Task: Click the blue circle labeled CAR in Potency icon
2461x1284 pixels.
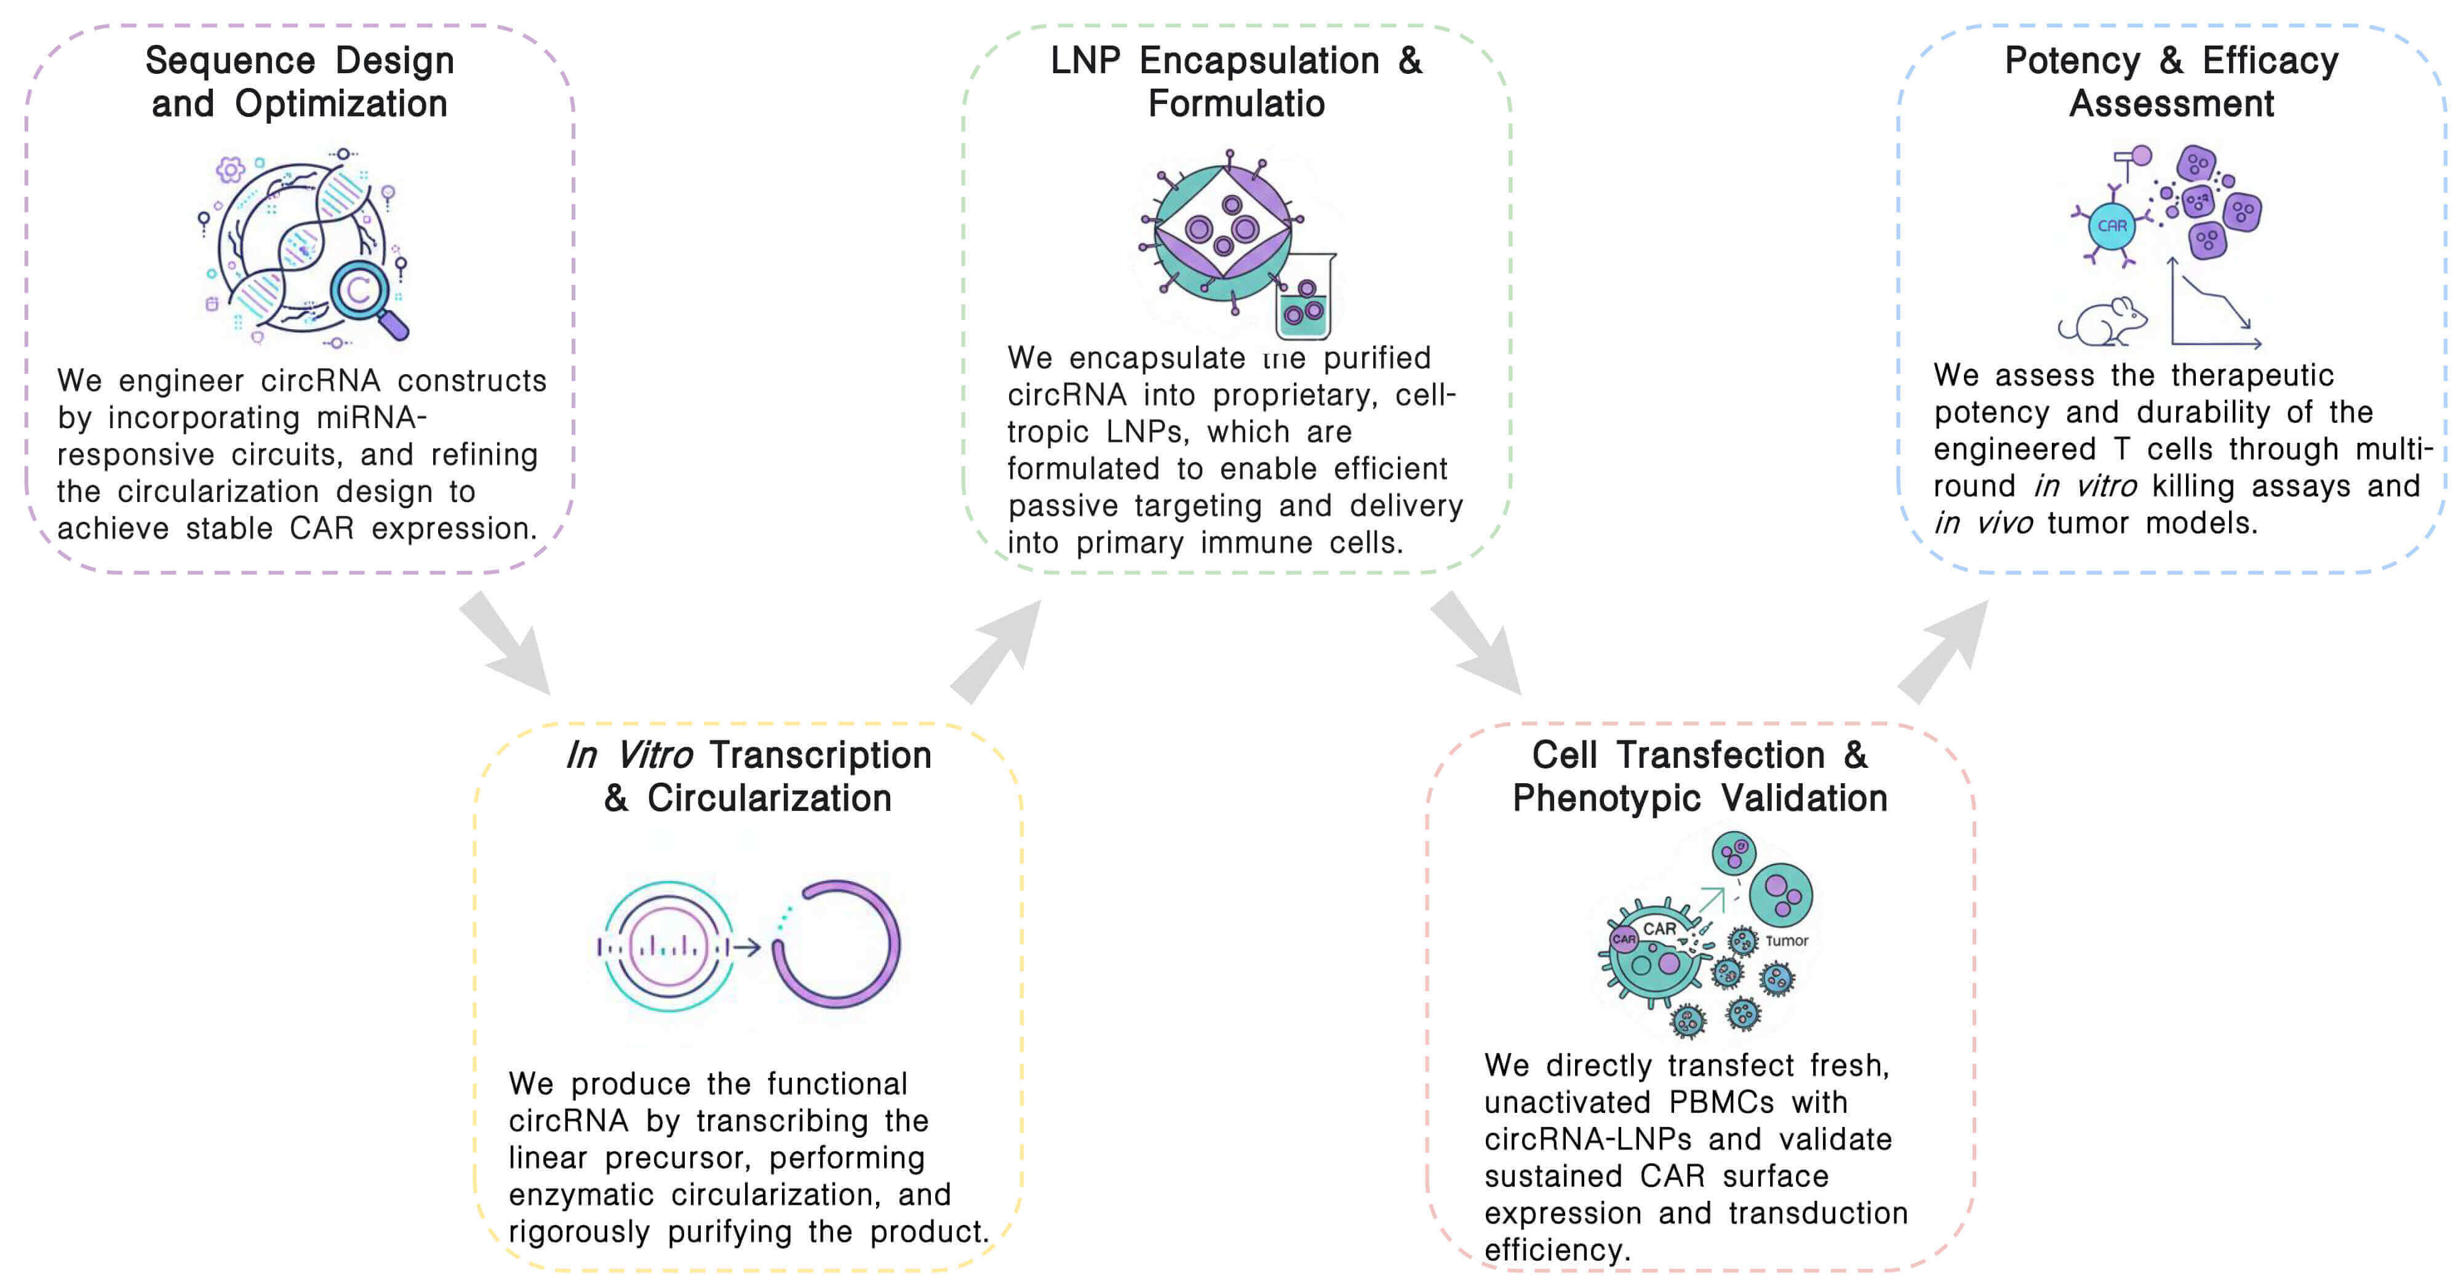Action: [x=2112, y=225]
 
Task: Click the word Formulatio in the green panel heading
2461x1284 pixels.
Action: [x=1236, y=103]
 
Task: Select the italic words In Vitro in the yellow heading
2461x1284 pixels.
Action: [x=629, y=755]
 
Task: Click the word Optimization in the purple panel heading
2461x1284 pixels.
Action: [x=341, y=103]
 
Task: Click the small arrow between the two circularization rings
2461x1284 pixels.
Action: [x=746, y=947]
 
